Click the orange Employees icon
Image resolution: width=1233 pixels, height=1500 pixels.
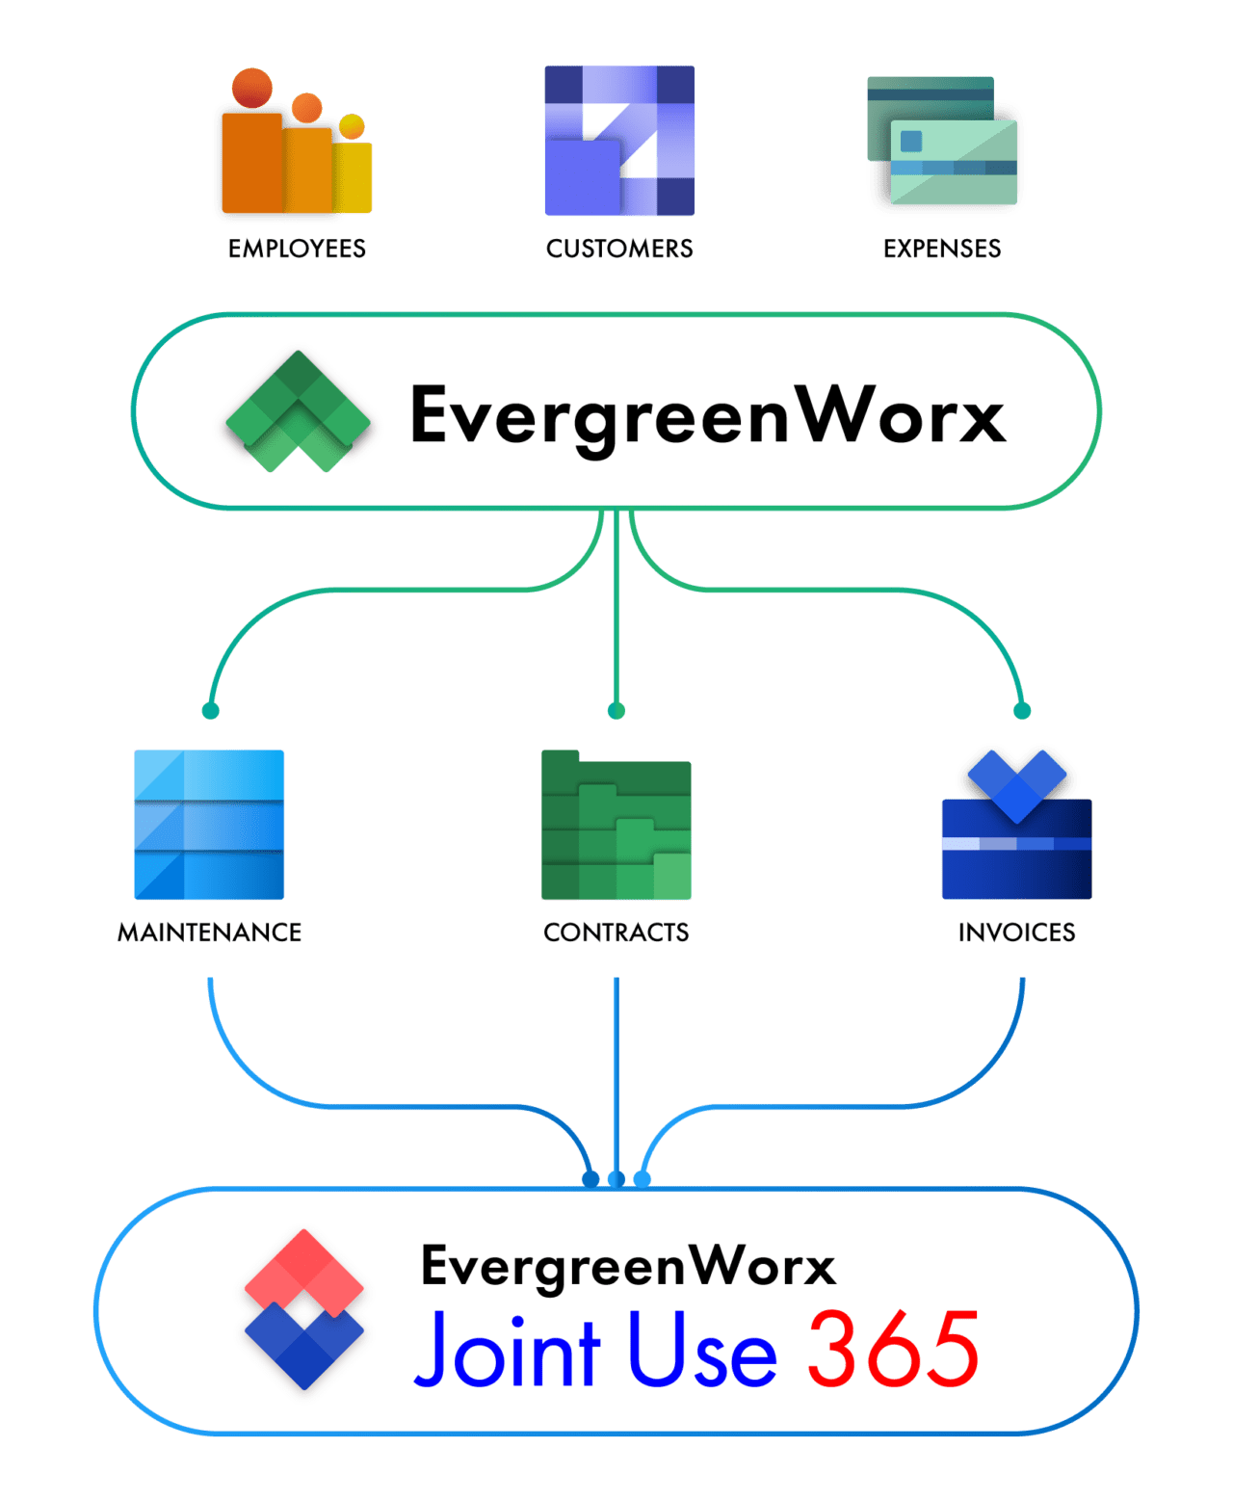(x=293, y=145)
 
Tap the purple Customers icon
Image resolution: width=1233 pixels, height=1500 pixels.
(x=619, y=141)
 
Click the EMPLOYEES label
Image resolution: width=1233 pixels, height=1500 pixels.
(x=297, y=249)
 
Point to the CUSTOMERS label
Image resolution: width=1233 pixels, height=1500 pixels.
(x=619, y=249)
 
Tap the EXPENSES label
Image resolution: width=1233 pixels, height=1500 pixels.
(x=942, y=249)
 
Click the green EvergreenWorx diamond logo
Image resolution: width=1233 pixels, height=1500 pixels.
(x=299, y=411)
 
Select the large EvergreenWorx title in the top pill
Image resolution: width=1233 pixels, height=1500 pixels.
(x=708, y=415)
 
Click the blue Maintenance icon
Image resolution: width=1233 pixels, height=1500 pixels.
(x=209, y=825)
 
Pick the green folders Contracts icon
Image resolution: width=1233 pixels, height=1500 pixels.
(x=616, y=826)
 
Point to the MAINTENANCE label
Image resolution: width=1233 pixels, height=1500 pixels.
(x=209, y=933)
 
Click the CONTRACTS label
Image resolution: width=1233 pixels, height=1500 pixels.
(x=616, y=933)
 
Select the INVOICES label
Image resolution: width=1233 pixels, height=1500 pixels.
(x=1016, y=933)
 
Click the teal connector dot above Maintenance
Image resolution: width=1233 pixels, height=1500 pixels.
(x=211, y=711)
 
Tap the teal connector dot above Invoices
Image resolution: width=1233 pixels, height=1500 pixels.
(x=1022, y=711)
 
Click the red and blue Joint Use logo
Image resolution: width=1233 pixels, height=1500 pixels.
(x=304, y=1309)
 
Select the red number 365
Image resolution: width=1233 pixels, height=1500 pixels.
(x=893, y=1350)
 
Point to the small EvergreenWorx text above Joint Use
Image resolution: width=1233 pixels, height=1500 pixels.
(x=628, y=1266)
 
